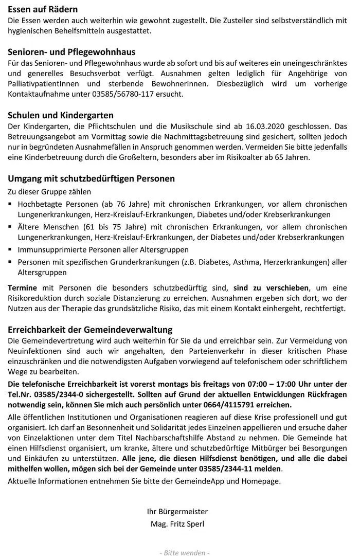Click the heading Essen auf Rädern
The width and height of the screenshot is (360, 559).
click(x=43, y=9)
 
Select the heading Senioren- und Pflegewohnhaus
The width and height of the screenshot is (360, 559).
click(x=71, y=52)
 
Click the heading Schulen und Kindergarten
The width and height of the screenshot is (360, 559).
click(x=61, y=115)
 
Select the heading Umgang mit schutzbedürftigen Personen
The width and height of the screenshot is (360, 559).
click(x=92, y=178)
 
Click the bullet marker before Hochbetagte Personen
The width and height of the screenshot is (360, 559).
click(x=11, y=204)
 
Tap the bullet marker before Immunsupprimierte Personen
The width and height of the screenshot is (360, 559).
click(x=11, y=249)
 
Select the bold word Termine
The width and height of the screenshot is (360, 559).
click(x=22, y=287)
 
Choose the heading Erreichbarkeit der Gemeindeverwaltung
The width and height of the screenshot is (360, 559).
click(x=90, y=329)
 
